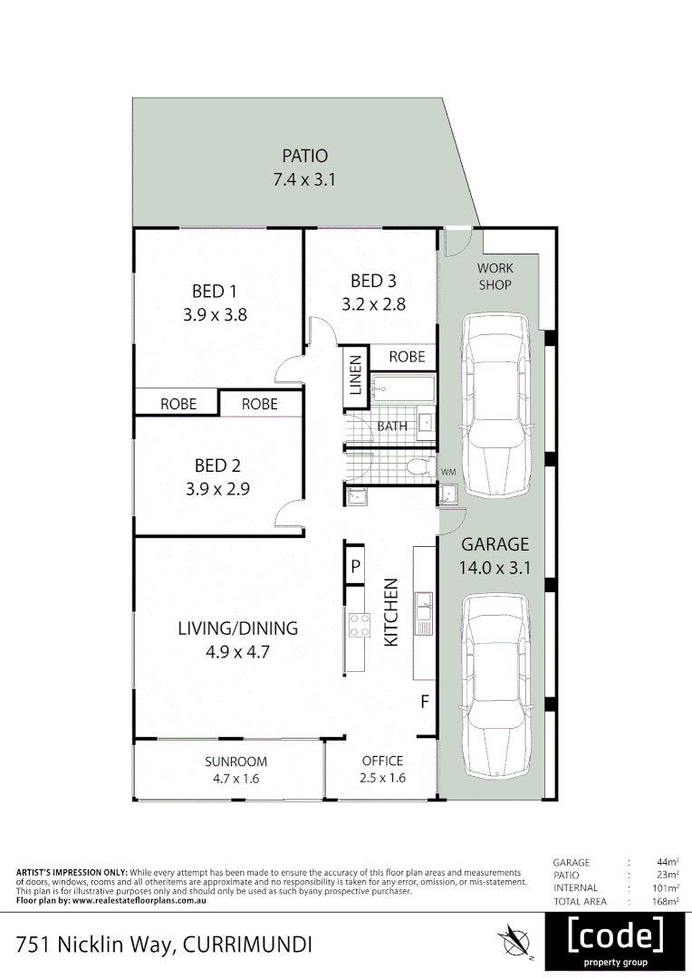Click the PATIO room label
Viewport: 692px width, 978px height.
(304, 157)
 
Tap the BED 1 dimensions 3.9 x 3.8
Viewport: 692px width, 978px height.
(215, 316)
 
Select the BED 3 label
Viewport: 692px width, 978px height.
(373, 281)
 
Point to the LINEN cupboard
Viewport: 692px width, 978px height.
(355, 379)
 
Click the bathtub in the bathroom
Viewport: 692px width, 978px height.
(404, 389)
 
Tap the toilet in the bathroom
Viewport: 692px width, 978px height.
(419, 467)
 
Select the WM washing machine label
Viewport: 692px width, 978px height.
(448, 473)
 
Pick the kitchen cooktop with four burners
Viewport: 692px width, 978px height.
(359, 624)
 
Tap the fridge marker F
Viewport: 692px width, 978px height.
(423, 702)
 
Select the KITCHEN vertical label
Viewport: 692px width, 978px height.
(392, 612)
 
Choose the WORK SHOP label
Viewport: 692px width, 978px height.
(495, 276)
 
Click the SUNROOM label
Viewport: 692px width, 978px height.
(235, 762)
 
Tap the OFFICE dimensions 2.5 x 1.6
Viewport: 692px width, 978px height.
(382, 778)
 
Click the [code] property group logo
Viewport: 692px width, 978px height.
(615, 941)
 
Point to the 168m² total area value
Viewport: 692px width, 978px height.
(668, 901)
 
